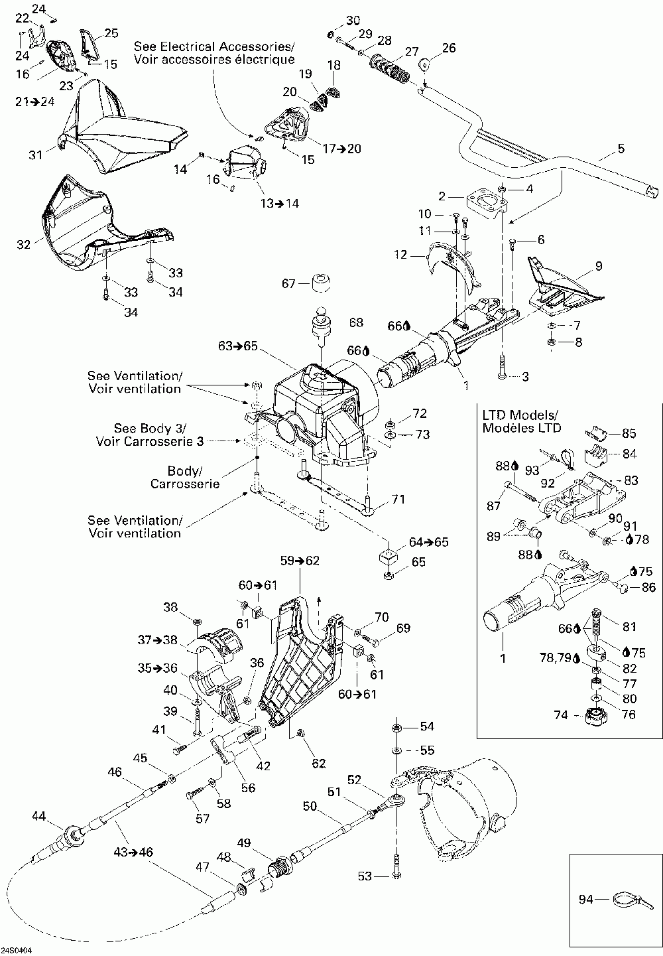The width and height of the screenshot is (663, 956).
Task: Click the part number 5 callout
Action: tap(621, 149)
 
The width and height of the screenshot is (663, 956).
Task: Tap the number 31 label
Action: tap(35, 155)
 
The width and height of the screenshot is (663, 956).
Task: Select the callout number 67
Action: tap(289, 283)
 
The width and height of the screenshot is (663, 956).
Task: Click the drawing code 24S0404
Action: tap(16, 951)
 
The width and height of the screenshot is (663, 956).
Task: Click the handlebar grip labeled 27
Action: tap(389, 68)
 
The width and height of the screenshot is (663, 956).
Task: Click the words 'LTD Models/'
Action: tap(520, 415)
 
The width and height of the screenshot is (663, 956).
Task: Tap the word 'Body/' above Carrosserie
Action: tap(185, 471)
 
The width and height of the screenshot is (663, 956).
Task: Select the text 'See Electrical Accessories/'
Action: tap(214, 46)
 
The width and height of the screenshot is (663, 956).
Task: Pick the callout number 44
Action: tap(39, 816)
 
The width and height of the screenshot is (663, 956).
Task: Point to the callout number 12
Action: tap(400, 255)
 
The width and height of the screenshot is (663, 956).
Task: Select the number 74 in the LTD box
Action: tap(561, 715)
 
